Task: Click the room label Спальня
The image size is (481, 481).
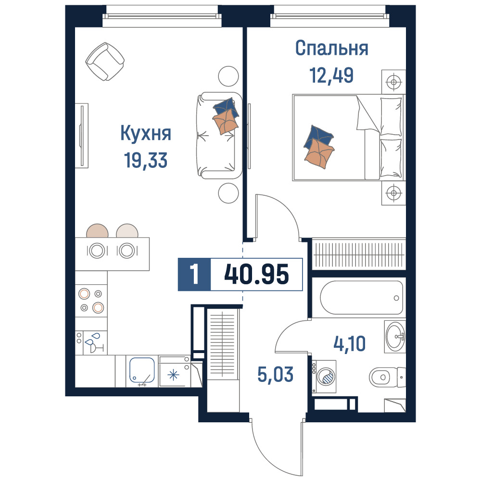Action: (331, 48)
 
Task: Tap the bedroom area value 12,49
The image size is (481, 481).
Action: (331, 75)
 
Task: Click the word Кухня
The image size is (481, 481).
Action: (146, 133)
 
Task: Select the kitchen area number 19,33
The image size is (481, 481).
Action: (146, 160)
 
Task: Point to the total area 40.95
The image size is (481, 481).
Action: (256, 274)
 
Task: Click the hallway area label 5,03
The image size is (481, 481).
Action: (275, 375)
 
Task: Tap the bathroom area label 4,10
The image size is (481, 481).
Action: (349, 343)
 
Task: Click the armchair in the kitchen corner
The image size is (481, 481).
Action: (105, 62)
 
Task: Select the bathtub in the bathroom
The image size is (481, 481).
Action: (362, 298)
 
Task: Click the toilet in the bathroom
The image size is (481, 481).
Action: (387, 377)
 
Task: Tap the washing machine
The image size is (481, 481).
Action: (324, 377)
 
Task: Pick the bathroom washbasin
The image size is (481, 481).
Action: (395, 337)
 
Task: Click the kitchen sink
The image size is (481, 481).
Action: (142, 370)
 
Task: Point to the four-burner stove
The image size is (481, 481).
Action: (91, 301)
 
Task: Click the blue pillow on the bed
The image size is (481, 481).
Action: (319, 137)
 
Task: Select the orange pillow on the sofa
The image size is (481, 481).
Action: (226, 122)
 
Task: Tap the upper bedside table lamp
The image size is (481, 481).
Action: (393, 82)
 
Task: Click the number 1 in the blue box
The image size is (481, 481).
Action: (194, 274)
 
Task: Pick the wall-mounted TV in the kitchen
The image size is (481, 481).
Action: (82, 136)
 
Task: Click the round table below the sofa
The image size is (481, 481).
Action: (228, 193)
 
